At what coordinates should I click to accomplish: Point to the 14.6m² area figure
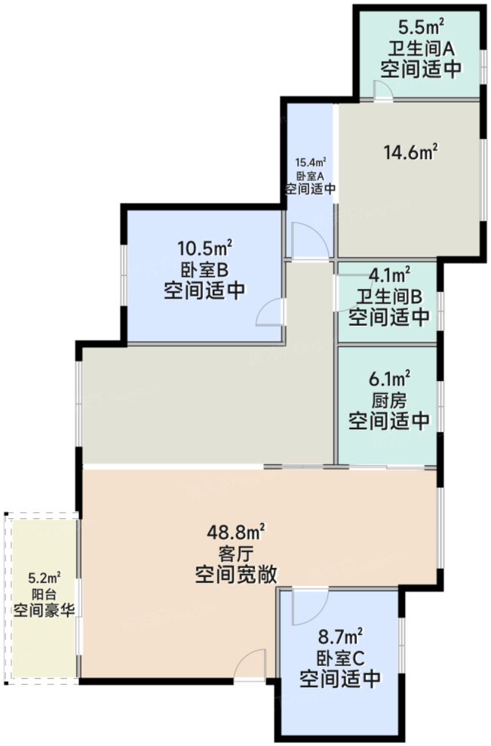pos(411,152)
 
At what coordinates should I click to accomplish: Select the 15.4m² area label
pos(310,162)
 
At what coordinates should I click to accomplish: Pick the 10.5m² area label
pos(204,247)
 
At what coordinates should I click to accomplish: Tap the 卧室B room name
pos(204,269)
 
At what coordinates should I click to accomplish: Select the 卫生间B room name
pos(389,295)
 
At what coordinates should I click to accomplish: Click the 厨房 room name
pos(390,398)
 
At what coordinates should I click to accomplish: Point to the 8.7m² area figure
pos(339,635)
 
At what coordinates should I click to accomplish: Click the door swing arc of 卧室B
pos(269,312)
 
